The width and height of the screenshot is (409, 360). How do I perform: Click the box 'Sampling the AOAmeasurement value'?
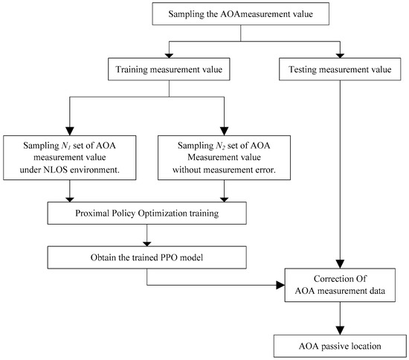(240, 14)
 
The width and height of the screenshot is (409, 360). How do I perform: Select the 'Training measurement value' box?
(169, 69)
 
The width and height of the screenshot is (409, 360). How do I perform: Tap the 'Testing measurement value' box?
(340, 69)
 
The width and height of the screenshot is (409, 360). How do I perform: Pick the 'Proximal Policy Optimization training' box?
(146, 213)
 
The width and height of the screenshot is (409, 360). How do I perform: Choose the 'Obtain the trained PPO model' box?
(146, 257)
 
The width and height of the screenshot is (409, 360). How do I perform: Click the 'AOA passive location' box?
(340, 346)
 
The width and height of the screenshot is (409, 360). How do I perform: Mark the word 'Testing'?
(303, 70)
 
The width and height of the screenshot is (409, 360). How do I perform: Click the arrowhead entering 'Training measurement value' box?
(170, 56)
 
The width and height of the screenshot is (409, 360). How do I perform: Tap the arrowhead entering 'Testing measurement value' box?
(340, 56)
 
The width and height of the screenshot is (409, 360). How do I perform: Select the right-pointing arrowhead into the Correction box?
(280, 285)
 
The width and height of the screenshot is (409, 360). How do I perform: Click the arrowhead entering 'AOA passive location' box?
(340, 330)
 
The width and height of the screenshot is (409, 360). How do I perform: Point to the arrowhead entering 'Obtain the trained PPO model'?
(147, 244)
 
